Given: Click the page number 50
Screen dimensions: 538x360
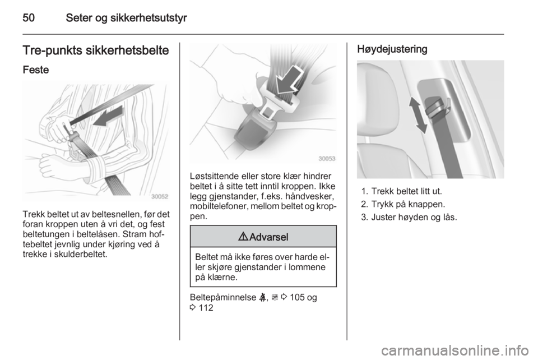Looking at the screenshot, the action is [x=29, y=18].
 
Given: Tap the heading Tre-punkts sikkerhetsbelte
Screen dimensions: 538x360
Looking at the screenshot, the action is [x=96, y=50].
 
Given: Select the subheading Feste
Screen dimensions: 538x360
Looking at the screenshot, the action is [x=36, y=70].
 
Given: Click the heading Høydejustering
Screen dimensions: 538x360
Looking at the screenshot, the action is [x=392, y=49].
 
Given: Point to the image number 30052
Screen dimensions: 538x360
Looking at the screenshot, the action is [x=160, y=197].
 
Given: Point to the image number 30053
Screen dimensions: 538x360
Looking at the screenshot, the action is [x=327, y=159].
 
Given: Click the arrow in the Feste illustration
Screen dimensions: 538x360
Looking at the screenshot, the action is [x=108, y=116].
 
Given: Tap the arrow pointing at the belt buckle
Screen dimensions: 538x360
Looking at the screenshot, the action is [x=289, y=81].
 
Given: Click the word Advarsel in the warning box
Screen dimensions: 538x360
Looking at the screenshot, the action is [x=268, y=237].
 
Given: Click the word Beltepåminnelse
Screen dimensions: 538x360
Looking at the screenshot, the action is [x=222, y=297].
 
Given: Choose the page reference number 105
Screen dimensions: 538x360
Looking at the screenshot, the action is [x=297, y=297].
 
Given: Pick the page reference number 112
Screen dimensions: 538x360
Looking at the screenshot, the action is [x=206, y=308].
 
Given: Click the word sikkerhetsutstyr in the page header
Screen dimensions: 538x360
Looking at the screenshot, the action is [x=149, y=18].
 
